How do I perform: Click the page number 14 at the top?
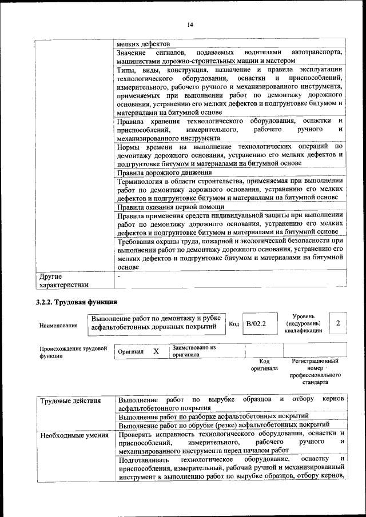(x=190, y=24)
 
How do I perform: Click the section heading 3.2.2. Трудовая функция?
(x=76, y=301)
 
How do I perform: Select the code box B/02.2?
(x=256, y=324)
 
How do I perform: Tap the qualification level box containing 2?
(x=339, y=324)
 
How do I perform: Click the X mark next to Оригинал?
(x=156, y=351)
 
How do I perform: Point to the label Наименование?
(x=58, y=325)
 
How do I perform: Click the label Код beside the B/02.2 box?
(x=233, y=324)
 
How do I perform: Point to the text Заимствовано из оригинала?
(x=193, y=351)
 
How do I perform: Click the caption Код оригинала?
(x=264, y=365)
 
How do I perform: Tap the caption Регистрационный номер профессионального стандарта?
(x=315, y=371)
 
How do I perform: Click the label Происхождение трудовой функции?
(x=73, y=351)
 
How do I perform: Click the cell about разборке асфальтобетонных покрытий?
(x=213, y=416)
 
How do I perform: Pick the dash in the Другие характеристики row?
(x=118, y=276)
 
